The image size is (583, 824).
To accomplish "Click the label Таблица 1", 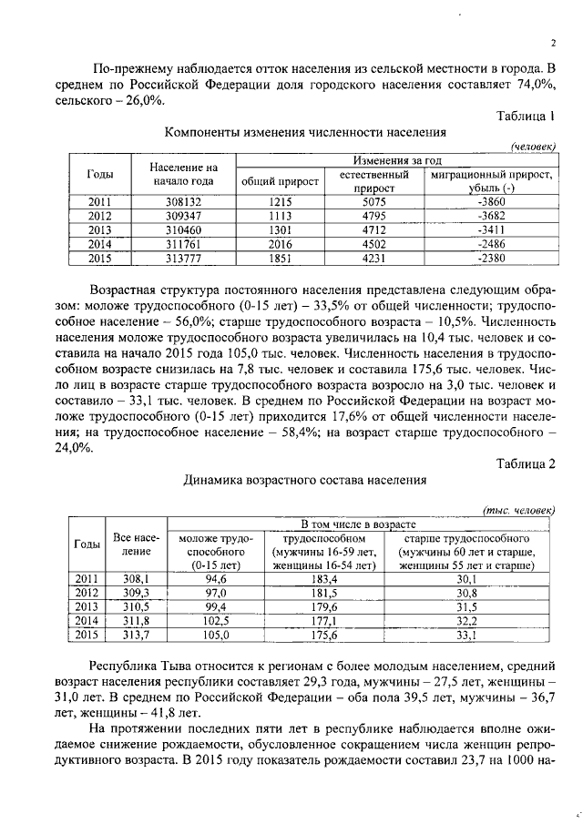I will click(x=526, y=116).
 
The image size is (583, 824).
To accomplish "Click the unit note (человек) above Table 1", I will click(x=532, y=147).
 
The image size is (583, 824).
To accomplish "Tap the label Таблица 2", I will click(x=525, y=463).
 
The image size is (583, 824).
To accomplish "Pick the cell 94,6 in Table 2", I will click(x=216, y=578).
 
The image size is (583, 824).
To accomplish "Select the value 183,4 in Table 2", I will click(x=324, y=578).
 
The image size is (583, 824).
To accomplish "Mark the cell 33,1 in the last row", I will click(x=466, y=634).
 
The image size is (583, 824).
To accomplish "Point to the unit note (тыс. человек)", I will click(x=517, y=511).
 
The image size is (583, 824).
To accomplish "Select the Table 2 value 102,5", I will click(x=216, y=620).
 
